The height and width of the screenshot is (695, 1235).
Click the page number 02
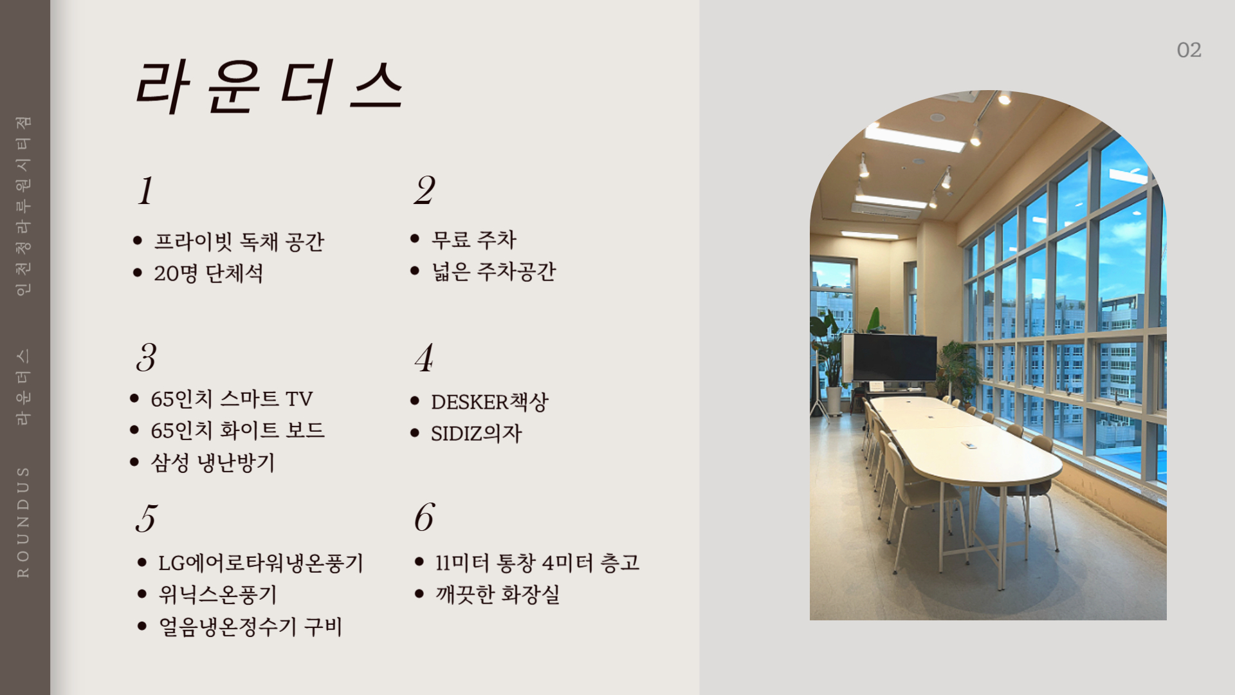point(1189,50)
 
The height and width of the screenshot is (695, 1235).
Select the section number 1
point(146,190)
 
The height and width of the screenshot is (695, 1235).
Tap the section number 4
point(424,358)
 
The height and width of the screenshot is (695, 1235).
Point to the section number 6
point(425,517)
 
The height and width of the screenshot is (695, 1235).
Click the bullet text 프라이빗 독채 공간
point(239,241)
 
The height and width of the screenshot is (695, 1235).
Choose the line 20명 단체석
point(208,273)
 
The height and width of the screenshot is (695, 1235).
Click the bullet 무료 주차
point(474,239)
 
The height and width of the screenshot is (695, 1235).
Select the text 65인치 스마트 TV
point(232,399)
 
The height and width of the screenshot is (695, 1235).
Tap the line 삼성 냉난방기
point(213,463)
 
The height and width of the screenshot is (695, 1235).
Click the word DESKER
point(470,402)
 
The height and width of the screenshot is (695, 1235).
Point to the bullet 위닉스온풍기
point(218,595)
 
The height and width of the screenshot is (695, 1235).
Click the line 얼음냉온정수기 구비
point(250,627)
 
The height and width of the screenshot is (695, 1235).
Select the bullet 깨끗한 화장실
point(497,594)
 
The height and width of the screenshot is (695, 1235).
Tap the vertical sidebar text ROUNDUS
point(23,522)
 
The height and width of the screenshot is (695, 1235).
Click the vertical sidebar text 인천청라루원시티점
point(23,206)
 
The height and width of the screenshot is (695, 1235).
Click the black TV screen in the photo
point(895,358)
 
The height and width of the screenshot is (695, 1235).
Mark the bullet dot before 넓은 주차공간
point(415,271)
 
